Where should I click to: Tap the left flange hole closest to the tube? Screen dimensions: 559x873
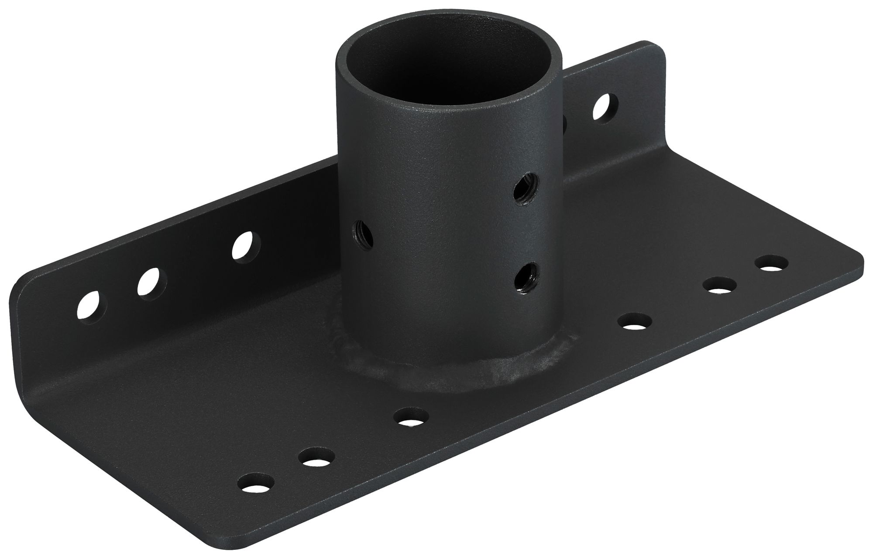tap(243, 246)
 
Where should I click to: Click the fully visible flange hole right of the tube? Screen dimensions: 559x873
tap(605, 108)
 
